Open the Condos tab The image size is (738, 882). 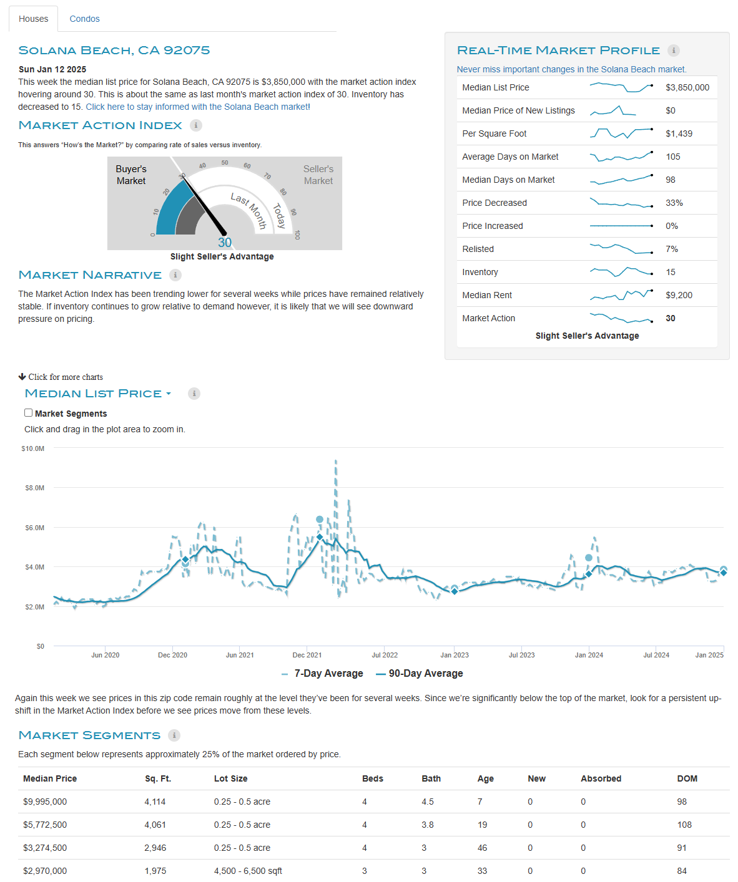tap(84, 19)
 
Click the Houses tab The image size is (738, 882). tap(34, 19)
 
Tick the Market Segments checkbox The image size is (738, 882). tap(28, 413)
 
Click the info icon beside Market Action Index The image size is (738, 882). tap(196, 125)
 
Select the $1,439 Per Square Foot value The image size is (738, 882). tap(679, 133)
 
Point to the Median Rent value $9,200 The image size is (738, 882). tap(679, 295)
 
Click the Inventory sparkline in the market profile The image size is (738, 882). tap(621, 271)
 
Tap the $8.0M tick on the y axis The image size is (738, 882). tap(35, 487)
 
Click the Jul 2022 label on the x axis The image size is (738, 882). tap(385, 655)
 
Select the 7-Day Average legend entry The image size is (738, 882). tap(322, 673)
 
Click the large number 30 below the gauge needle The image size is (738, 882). tap(225, 243)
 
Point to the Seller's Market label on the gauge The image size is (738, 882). tap(318, 175)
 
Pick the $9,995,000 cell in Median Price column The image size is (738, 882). tap(45, 802)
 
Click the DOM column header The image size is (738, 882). tap(687, 778)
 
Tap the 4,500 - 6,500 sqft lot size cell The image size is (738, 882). tap(248, 871)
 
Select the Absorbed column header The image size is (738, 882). tap(601, 778)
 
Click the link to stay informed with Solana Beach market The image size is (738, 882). tap(198, 107)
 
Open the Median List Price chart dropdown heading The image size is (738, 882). tap(97, 393)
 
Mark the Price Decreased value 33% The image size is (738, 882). tap(674, 203)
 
